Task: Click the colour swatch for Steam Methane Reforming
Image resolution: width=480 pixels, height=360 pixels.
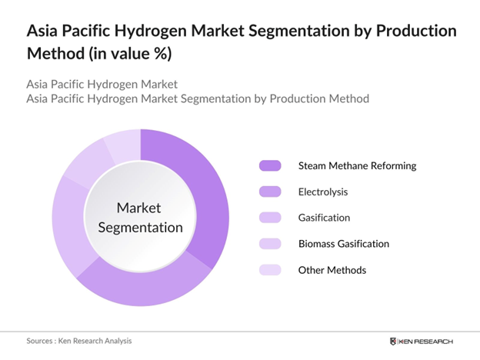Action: pos(271,165)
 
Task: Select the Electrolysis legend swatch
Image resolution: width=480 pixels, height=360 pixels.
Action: pos(271,192)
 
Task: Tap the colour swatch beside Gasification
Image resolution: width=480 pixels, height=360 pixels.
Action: pos(271,218)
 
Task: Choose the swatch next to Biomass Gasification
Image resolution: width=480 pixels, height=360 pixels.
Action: pos(271,244)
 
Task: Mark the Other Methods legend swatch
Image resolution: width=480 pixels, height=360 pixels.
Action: pos(271,270)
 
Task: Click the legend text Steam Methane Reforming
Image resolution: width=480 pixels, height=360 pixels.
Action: pos(357,165)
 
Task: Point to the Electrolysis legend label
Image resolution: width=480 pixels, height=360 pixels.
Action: pos(323,192)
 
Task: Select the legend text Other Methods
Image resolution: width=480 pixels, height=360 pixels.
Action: pos(332,270)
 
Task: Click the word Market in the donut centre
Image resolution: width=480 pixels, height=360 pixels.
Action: pos(139,208)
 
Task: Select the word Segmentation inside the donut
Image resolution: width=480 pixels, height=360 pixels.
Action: pos(139,228)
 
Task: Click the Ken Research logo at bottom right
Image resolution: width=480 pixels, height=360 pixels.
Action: pos(422,341)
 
